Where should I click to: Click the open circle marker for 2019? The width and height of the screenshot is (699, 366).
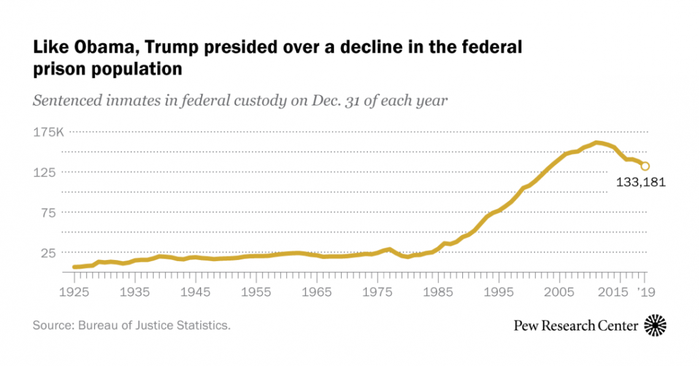645,166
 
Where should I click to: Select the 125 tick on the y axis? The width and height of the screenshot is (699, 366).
48,172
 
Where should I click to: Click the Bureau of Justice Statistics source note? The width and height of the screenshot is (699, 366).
132,325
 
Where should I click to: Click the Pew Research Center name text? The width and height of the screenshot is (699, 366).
576,326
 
